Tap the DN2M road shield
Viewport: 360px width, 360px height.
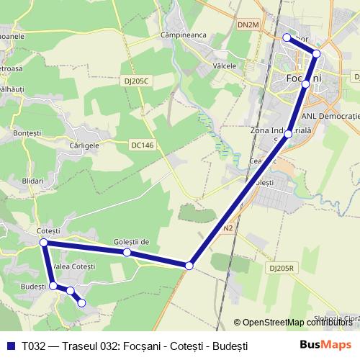point(248,25)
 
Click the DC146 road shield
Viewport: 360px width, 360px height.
point(143,145)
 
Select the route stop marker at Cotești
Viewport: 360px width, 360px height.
point(44,243)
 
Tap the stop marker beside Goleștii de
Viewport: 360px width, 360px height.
point(127,252)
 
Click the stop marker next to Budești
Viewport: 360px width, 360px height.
point(53,286)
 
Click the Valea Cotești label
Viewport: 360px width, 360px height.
point(74,267)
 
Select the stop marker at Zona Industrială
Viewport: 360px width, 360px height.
point(288,134)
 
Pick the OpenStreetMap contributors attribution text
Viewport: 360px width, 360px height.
point(297,323)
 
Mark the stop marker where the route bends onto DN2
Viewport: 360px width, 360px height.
point(189,266)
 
